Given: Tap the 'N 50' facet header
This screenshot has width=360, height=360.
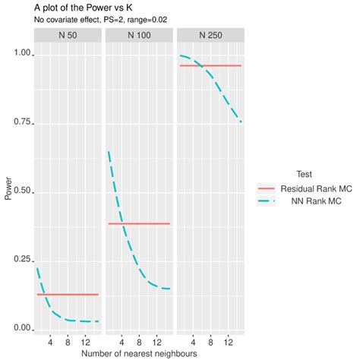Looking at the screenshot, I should pyautogui.click(x=68, y=36).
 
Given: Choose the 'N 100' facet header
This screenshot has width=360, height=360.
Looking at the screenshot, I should pyautogui.click(x=138, y=36).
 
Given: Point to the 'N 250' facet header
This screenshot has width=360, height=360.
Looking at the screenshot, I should pyautogui.click(x=210, y=36).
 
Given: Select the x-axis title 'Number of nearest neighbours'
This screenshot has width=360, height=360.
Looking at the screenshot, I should pyautogui.click(x=139, y=354).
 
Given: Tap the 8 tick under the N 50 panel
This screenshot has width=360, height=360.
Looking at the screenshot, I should pyautogui.click(x=68, y=341).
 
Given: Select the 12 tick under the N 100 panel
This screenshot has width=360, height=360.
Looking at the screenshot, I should pyautogui.click(x=156, y=341).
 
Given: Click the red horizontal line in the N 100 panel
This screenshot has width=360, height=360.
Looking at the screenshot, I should pyautogui.click(x=144, y=223).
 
